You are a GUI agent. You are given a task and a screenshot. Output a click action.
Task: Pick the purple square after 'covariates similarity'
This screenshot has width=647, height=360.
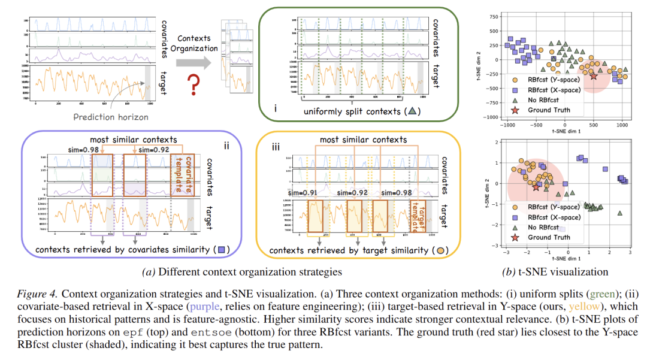coord(222,249)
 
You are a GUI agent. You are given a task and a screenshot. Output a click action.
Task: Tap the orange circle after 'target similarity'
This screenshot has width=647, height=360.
coord(440,249)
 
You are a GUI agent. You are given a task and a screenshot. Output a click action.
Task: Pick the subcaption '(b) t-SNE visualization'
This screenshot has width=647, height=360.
coord(555,271)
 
